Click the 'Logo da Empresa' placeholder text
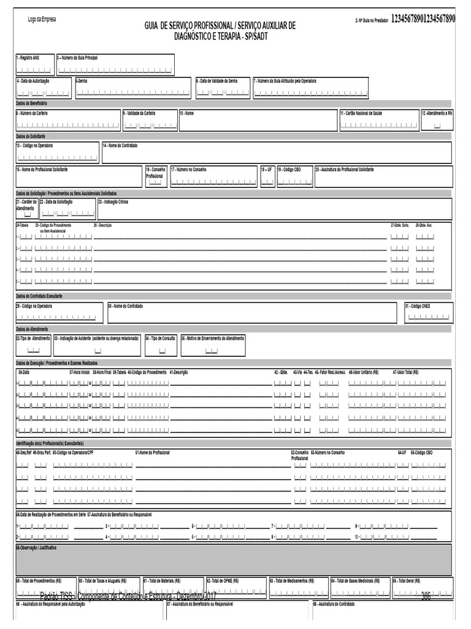42,20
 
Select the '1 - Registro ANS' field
34,64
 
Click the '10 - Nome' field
258,121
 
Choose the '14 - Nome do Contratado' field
276,152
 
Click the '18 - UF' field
267,177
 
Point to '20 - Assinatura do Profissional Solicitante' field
383,177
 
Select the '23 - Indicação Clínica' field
274,209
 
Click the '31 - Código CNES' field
428,313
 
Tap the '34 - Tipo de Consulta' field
161,346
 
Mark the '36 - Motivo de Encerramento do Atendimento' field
212,346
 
